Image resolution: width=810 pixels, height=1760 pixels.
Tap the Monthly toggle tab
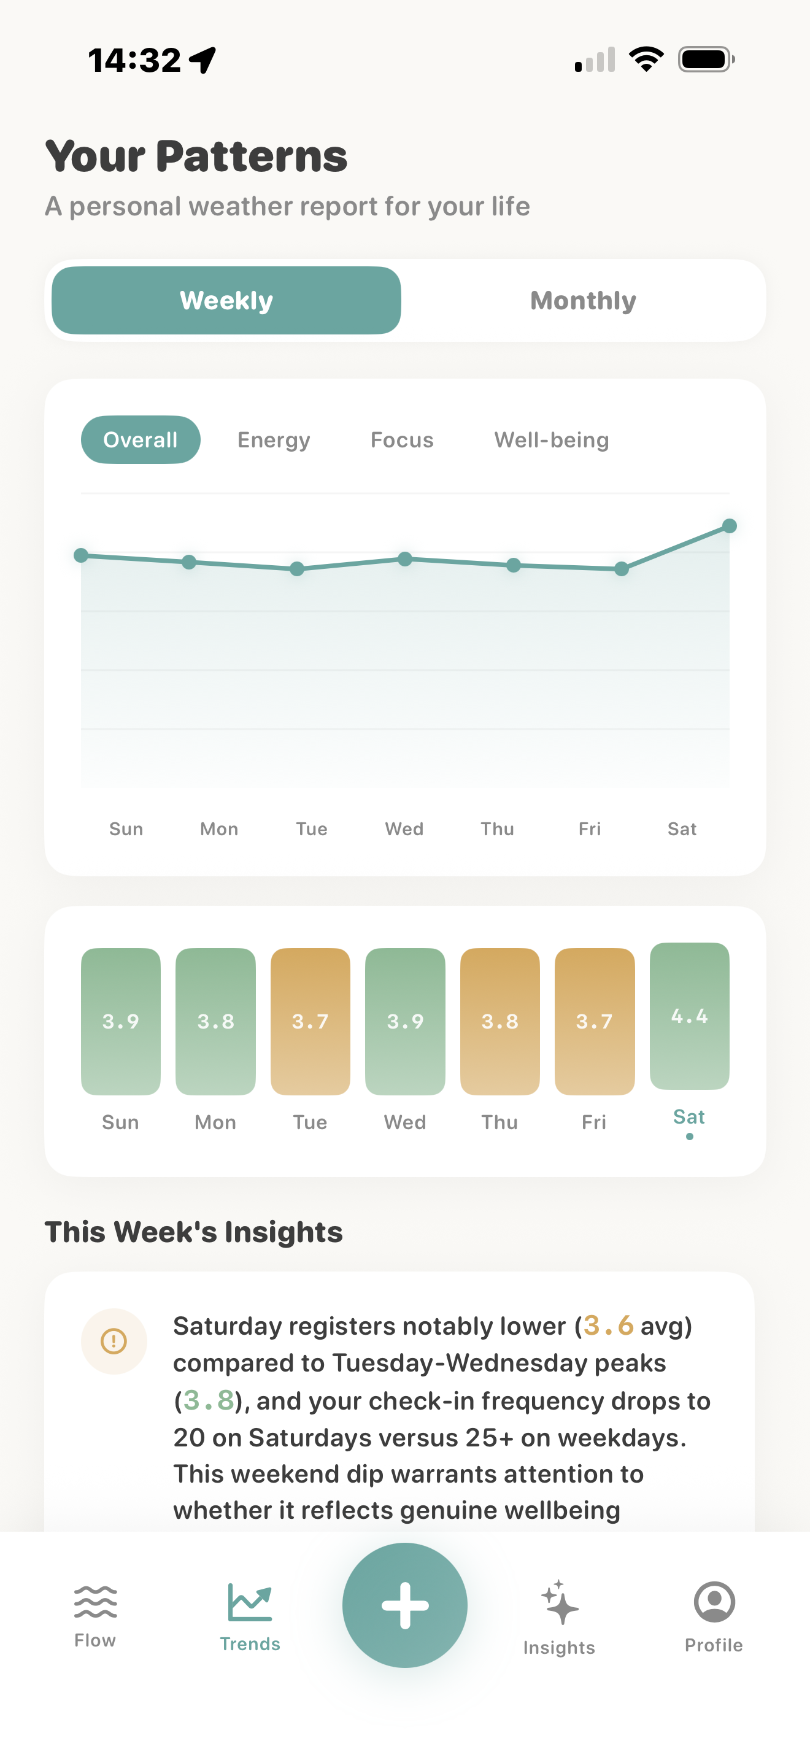(x=582, y=301)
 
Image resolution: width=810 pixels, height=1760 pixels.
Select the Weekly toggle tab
(x=226, y=301)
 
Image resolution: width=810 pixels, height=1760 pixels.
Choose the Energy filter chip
(x=273, y=440)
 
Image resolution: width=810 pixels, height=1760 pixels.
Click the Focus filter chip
(x=401, y=440)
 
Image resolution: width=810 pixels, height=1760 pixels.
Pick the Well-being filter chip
(x=551, y=440)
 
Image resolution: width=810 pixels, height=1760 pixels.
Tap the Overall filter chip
(x=141, y=440)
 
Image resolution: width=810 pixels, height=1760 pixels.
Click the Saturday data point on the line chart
(x=729, y=526)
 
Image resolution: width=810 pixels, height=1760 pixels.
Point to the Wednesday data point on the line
(x=405, y=559)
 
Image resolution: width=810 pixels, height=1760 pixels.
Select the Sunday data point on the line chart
(x=81, y=555)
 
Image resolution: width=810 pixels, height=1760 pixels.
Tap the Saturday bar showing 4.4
(x=689, y=1016)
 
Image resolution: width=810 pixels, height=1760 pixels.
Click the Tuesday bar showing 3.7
(x=310, y=1021)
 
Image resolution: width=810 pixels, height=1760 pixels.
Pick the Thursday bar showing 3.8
(x=499, y=1021)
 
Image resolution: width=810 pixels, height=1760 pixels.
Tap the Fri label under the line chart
(x=590, y=828)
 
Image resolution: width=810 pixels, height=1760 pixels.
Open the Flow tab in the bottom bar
(x=95, y=1615)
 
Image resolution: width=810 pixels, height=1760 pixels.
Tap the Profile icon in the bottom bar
(x=714, y=1615)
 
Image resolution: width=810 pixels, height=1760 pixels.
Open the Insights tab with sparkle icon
(x=558, y=1616)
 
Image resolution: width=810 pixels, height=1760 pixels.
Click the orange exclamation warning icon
(x=114, y=1341)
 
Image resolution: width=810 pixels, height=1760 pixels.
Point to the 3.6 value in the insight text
(x=608, y=1326)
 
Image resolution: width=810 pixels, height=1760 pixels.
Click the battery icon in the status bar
(x=706, y=60)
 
